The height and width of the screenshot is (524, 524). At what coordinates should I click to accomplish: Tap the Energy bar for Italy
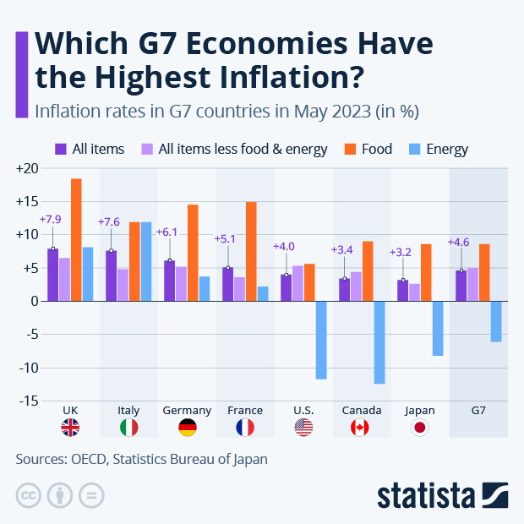tap(146, 261)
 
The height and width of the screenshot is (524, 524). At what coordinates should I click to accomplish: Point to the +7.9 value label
tap(52, 219)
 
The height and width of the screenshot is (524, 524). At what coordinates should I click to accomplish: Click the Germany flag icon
tap(187, 428)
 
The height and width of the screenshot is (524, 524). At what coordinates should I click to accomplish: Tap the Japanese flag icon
tap(420, 428)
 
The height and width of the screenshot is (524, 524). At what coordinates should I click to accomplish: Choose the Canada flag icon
tap(361, 428)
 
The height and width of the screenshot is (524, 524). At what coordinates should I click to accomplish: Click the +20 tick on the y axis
tap(27, 168)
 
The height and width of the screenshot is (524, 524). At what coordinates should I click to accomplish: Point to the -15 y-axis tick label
tap(29, 401)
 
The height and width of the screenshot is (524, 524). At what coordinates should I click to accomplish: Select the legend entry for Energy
tap(446, 149)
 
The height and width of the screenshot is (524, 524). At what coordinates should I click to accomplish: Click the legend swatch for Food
tap(350, 149)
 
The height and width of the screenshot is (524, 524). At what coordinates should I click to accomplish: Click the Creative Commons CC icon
tap(28, 494)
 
